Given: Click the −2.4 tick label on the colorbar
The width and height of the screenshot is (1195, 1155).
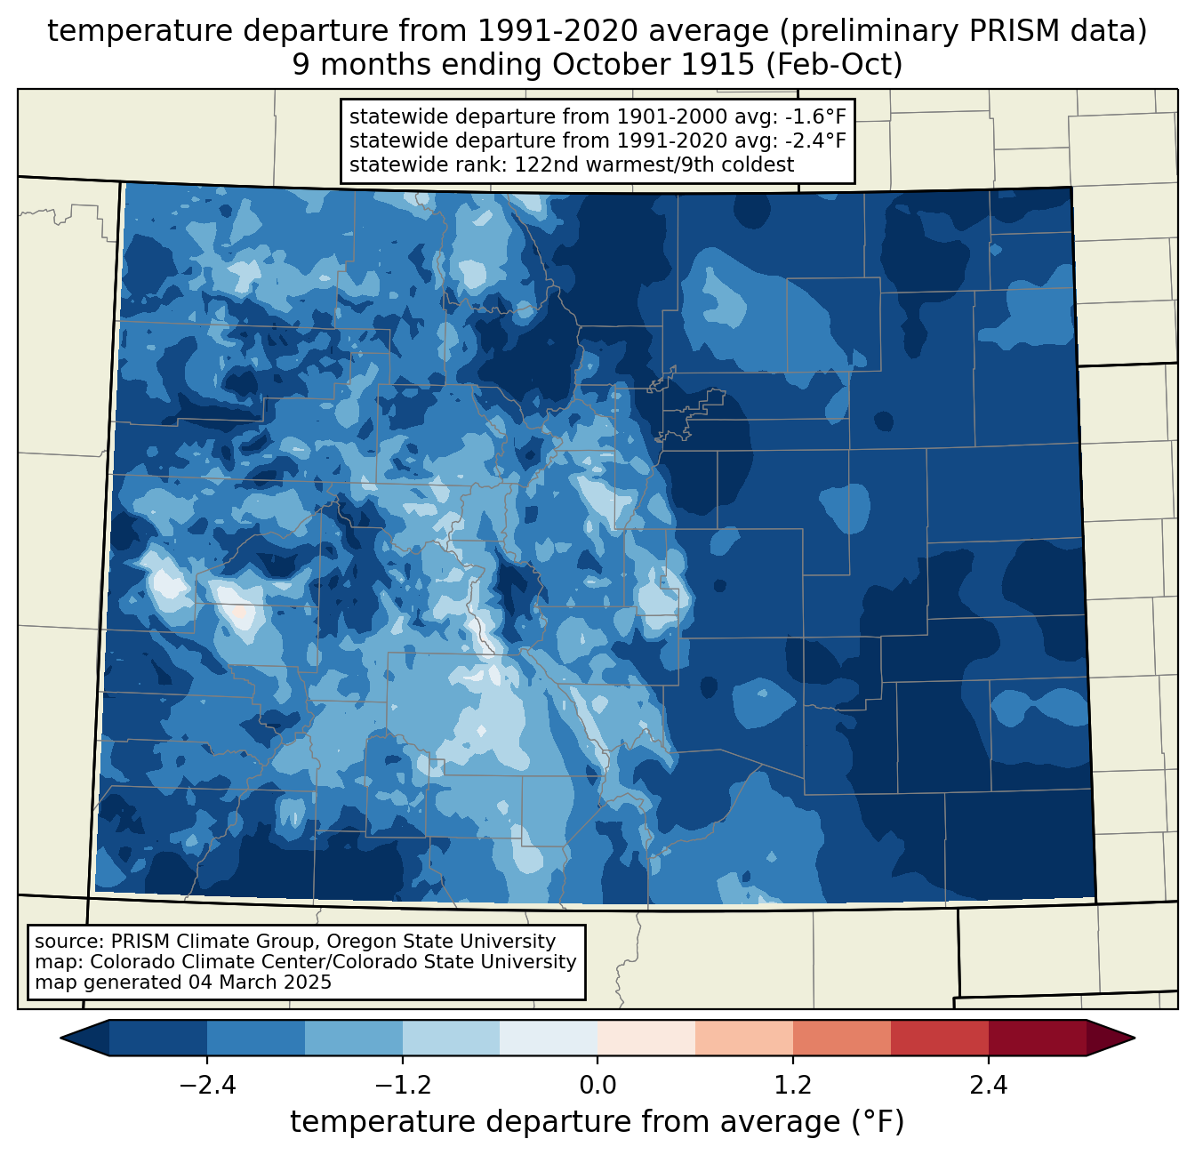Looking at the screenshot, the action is coord(207,1086).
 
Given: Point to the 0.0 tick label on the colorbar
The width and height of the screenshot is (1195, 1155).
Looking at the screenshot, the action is coord(597,1086).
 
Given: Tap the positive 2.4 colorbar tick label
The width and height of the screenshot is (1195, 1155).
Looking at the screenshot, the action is coord(988,1086).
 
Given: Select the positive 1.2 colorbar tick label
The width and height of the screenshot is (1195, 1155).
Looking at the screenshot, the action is coord(793,1086).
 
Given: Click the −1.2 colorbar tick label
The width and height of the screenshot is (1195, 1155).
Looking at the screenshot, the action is coord(402,1086).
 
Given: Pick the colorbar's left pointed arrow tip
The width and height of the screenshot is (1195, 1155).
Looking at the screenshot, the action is coord(60,1039).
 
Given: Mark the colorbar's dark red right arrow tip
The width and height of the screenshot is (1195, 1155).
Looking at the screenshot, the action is coord(1135,1039).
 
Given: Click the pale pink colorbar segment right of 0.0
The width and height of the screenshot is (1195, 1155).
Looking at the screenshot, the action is coord(646,1039).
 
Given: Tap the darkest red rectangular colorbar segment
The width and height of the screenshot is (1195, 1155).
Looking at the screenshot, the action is coord(1038,1039).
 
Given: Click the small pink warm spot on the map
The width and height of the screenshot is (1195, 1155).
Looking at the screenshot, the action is coord(240,612).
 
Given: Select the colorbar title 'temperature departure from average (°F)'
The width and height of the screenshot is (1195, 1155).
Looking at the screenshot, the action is coord(597,1121).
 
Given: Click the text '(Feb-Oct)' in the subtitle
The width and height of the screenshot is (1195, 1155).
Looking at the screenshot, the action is coord(834,65).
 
